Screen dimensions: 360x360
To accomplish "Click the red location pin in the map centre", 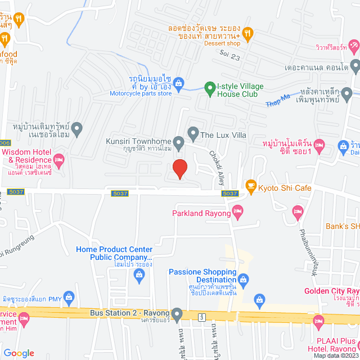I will (179, 168).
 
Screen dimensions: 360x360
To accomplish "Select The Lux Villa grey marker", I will (193, 134).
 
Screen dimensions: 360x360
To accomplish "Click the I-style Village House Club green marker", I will (209, 87).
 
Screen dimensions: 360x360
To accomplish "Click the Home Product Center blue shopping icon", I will (139, 274).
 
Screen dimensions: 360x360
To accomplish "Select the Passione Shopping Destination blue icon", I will (244, 278).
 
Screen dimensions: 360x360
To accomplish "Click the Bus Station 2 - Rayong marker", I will (177, 313).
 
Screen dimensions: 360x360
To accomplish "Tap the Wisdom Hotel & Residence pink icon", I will (60, 160).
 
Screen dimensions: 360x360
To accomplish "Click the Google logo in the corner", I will (19, 353).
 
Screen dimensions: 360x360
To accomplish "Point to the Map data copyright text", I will (335, 355).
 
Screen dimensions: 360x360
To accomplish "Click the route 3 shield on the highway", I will (201, 318).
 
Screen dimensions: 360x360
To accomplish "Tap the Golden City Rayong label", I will (332, 291).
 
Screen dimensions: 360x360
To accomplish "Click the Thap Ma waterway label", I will (277, 100).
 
